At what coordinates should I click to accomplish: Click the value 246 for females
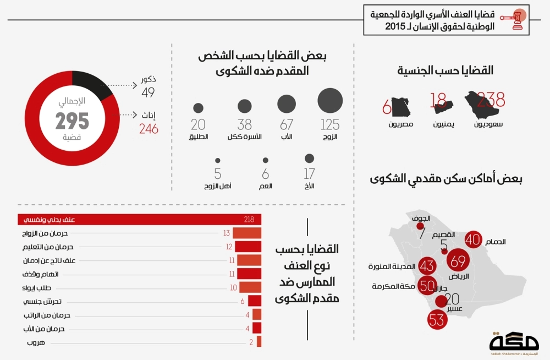148,129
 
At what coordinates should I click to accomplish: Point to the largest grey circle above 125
330,100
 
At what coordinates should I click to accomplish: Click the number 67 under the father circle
287,124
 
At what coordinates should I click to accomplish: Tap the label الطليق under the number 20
199,137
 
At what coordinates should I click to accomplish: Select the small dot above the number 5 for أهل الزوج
218,160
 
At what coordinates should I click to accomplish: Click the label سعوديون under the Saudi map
487,124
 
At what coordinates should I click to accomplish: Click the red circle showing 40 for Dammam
473,239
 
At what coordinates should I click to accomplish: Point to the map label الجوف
419,218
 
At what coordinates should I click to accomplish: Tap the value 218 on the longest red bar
249,220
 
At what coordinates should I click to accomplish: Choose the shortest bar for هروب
258,342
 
